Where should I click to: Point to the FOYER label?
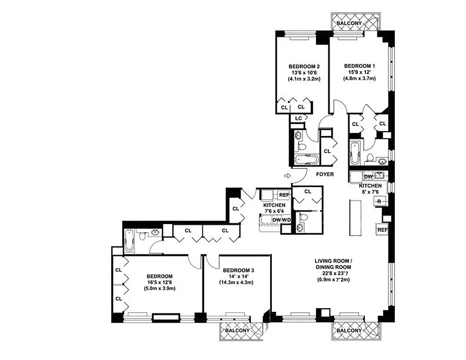324,174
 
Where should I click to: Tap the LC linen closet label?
298,118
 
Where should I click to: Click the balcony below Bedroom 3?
237,330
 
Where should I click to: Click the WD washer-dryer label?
286,220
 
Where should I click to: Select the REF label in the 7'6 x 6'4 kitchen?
284,195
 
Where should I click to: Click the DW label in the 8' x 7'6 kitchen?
368,176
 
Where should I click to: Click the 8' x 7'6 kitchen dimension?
370,192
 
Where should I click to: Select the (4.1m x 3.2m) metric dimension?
304,79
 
